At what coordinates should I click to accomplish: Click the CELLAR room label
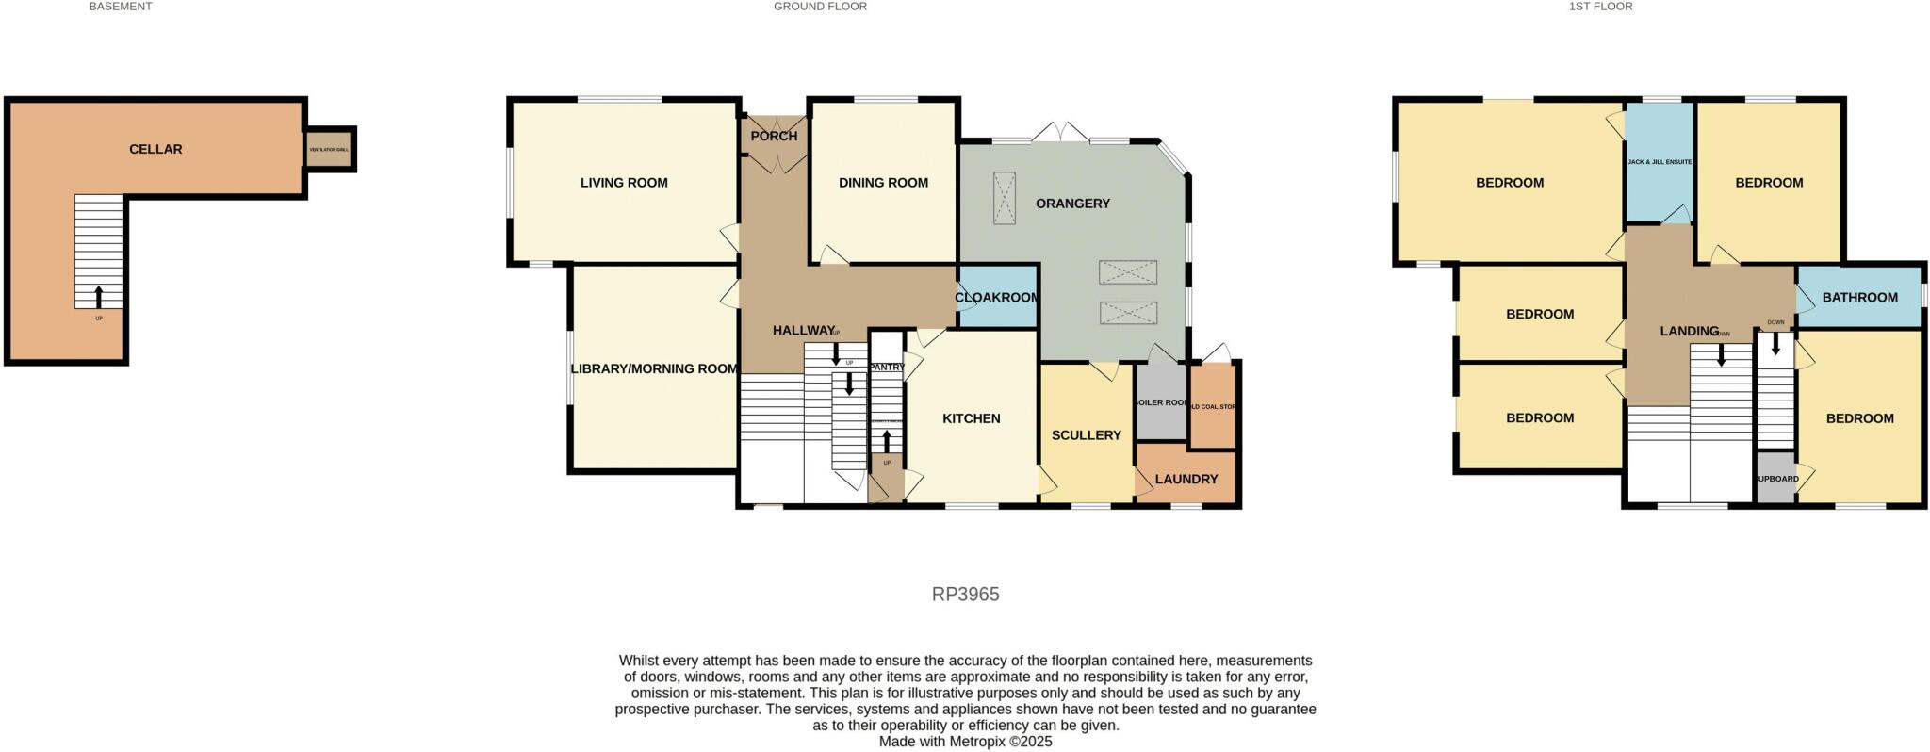click(x=155, y=149)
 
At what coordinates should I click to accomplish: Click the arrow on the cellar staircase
click(x=99, y=296)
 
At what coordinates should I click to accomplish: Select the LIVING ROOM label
click(x=624, y=183)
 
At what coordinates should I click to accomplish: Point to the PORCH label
click(x=774, y=136)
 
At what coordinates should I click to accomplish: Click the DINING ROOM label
click(x=883, y=183)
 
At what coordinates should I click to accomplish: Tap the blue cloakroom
click(x=997, y=298)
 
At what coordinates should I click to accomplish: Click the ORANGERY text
click(x=1072, y=204)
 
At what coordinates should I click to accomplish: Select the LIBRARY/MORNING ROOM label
click(x=654, y=368)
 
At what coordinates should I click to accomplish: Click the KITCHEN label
click(x=972, y=418)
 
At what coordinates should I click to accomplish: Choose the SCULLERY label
click(x=1086, y=435)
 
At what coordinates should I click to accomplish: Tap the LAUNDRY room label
click(x=1186, y=479)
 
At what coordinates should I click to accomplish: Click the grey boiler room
click(x=1160, y=403)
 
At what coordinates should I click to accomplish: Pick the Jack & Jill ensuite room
click(x=1660, y=162)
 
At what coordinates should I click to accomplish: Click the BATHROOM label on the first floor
click(x=1859, y=298)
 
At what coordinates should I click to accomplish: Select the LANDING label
click(x=1689, y=331)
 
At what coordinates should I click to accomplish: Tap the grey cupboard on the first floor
click(x=1776, y=479)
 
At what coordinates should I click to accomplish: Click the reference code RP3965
click(x=965, y=595)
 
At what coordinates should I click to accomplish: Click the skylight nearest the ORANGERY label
click(x=1005, y=198)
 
